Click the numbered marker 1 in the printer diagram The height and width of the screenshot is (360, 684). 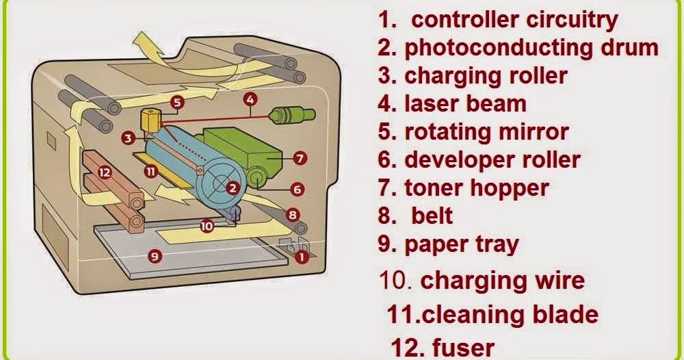click(302, 257)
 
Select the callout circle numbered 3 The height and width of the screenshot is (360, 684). click(128, 139)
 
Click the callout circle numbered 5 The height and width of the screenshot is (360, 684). click(177, 103)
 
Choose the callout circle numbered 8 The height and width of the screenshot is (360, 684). click(293, 215)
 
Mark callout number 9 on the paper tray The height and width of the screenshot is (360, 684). click(155, 257)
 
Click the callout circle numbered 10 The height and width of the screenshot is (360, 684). click(207, 224)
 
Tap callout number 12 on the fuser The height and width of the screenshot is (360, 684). click(104, 173)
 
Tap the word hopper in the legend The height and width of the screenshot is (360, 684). click(505, 187)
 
